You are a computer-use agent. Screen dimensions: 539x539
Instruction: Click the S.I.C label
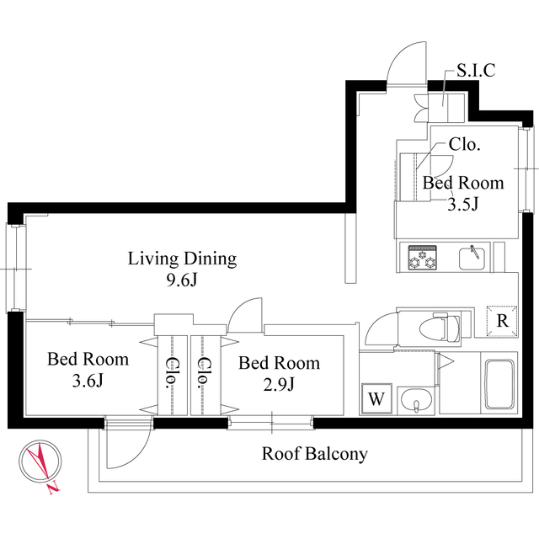[x=476, y=71]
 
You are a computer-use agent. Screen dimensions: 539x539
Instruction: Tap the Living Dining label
[x=182, y=259]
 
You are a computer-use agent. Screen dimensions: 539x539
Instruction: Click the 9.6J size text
[x=182, y=280]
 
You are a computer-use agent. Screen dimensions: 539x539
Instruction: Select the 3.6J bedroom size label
[x=88, y=381]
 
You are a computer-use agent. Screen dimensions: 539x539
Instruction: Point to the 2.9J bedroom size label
[x=279, y=384]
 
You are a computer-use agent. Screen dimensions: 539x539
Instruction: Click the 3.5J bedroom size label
[x=462, y=204]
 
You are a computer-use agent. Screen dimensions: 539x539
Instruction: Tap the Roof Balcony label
[x=314, y=454]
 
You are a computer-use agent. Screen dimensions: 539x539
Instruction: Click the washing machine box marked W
[x=377, y=398]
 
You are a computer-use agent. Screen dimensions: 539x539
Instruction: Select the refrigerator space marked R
[x=502, y=321]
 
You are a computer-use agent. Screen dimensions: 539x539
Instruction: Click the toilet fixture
[x=440, y=328]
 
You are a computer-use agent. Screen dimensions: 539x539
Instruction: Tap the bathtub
[x=499, y=384]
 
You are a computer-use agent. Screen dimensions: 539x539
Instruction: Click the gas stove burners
[x=423, y=257]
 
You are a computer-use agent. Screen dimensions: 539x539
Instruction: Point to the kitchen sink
[x=472, y=258]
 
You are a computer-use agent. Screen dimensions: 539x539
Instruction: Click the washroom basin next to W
[x=416, y=401]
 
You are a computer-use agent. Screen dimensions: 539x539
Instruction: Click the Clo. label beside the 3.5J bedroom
[x=464, y=145]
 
